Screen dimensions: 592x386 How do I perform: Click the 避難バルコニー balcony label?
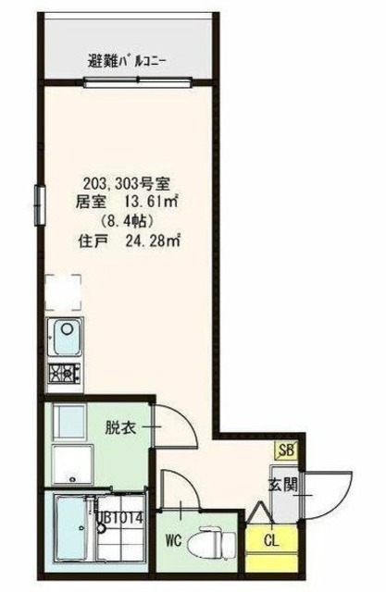127,63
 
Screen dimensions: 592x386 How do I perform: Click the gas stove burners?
64,374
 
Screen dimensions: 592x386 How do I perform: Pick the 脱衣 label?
118,428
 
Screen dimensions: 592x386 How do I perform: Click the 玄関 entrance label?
282,485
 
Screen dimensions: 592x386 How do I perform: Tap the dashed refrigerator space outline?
63,291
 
